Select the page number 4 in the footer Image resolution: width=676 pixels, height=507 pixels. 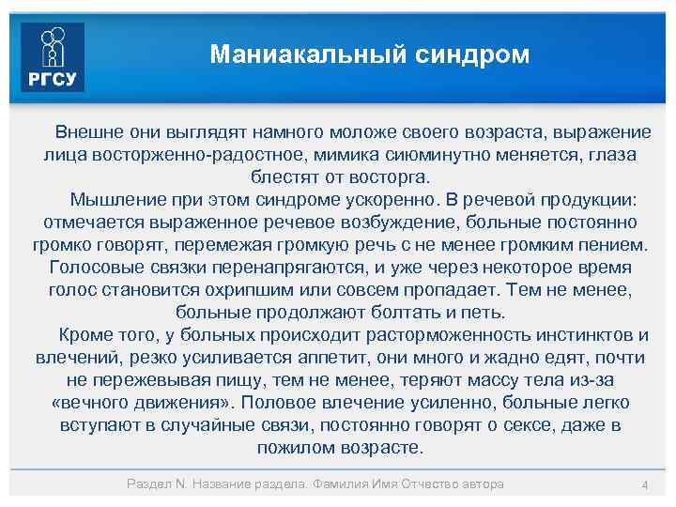click(644, 484)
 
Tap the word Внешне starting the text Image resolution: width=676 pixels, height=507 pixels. click(84, 131)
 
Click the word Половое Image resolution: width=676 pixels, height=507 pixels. click(278, 403)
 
